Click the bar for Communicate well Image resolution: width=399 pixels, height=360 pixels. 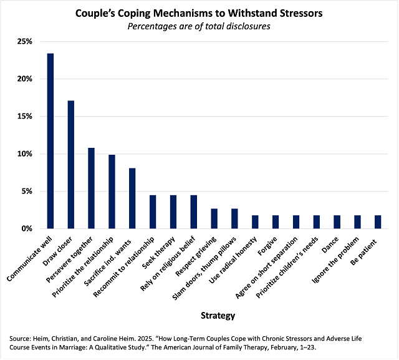(50, 141)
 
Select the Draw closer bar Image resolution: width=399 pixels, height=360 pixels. (70, 165)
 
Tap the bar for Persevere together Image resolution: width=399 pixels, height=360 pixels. (90, 188)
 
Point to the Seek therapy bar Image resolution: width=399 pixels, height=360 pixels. (173, 212)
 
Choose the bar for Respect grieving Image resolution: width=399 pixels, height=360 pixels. (214, 218)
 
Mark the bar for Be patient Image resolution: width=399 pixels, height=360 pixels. (377, 222)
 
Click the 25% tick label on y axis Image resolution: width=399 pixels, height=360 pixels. (24, 42)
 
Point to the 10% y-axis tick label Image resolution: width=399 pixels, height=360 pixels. (24, 154)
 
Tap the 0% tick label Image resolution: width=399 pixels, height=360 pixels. (26, 229)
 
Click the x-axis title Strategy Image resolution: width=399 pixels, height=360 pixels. (214, 315)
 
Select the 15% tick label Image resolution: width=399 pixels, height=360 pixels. (24, 117)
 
